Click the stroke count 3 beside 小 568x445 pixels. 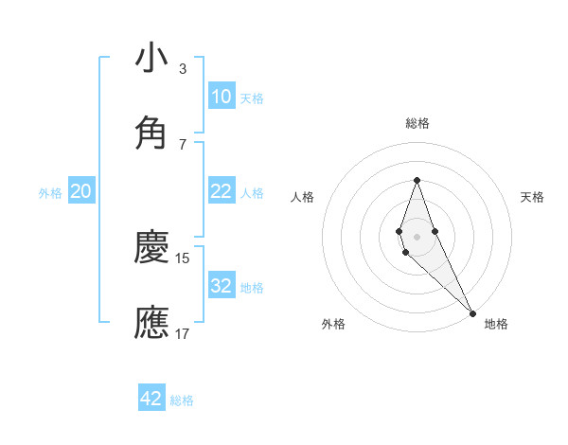coord(182,68)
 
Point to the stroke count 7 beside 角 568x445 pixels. coord(182,143)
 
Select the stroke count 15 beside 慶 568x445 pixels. coord(183,258)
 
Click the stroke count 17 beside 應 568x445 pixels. coord(183,332)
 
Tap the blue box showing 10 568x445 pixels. coord(221,97)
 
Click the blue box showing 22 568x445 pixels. coord(221,191)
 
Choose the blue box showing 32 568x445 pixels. coord(221,286)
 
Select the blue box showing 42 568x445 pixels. coord(151,399)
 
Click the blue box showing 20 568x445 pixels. coord(81,191)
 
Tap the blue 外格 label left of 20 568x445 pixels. coord(50,193)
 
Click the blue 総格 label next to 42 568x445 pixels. coord(182,400)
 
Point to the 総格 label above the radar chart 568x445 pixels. coord(417,123)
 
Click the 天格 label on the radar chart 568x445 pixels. coord(532,197)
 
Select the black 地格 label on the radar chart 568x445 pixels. coord(496,324)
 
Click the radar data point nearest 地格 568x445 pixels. coord(472,312)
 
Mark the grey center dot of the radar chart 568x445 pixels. coord(417,236)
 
